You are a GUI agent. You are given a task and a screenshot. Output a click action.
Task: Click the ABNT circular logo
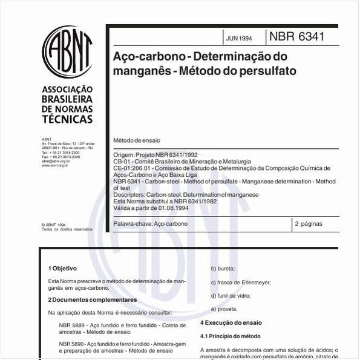[67, 52]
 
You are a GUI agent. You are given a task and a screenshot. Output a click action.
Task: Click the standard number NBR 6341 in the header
[296, 37]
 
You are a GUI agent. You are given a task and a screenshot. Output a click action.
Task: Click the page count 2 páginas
[309, 224]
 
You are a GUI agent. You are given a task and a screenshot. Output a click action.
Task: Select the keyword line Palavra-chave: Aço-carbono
[151, 224]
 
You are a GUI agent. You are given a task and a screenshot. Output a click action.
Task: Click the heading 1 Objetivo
[63, 267]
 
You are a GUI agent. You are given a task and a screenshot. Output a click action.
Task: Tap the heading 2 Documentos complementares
[92, 299]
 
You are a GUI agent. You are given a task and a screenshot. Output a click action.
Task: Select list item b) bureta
[223, 268]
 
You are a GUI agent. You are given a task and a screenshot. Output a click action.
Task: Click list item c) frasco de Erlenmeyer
[240, 282]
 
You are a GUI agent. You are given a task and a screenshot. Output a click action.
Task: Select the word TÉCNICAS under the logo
[67, 120]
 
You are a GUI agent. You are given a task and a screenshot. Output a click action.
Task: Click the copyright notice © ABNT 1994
[54, 224]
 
